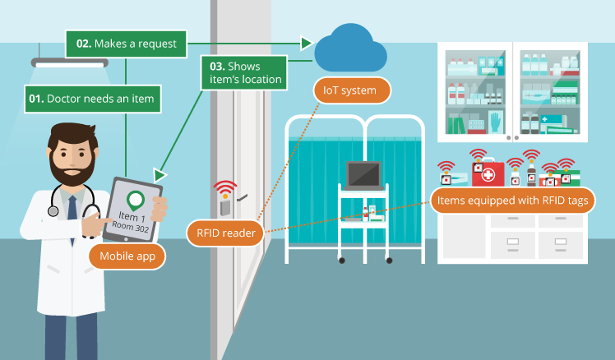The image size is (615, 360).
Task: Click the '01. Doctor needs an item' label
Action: [90, 99]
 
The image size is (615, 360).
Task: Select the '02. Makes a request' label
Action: [127, 44]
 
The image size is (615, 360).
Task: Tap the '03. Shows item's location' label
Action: [244, 72]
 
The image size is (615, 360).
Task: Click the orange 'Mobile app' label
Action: [127, 256]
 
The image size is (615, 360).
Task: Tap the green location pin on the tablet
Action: [135, 199]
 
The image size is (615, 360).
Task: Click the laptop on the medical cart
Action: [363, 175]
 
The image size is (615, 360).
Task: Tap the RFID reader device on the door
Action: [224, 202]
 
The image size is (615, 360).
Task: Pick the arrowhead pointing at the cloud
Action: [307, 43]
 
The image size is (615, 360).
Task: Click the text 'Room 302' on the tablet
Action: [132, 226]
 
